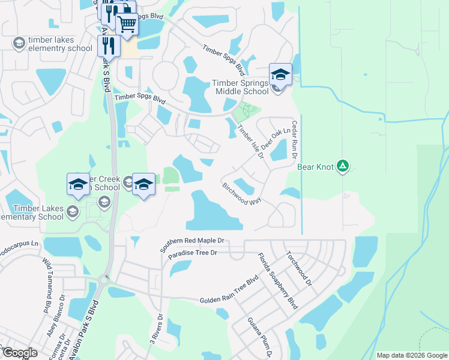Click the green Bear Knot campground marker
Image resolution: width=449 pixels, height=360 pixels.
pyautogui.click(x=342, y=165)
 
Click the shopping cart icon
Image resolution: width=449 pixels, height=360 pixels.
pyautogui.click(x=127, y=25)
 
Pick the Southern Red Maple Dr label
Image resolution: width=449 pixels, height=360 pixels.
pyautogui.click(x=192, y=244)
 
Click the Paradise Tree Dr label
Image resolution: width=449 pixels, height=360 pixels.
pyautogui.click(x=192, y=255)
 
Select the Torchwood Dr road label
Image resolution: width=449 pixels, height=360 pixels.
pyautogui.click(x=300, y=268)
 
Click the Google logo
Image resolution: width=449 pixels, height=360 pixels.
pyautogui.click(x=20, y=353)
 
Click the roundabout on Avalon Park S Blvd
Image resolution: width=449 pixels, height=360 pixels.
pyautogui.click(x=103, y=279)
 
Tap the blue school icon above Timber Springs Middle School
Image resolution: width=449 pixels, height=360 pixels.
pyautogui.click(x=280, y=74)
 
